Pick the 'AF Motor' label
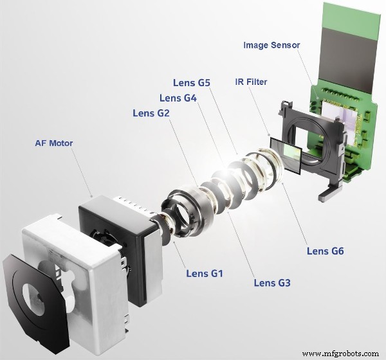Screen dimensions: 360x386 click(53, 143)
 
